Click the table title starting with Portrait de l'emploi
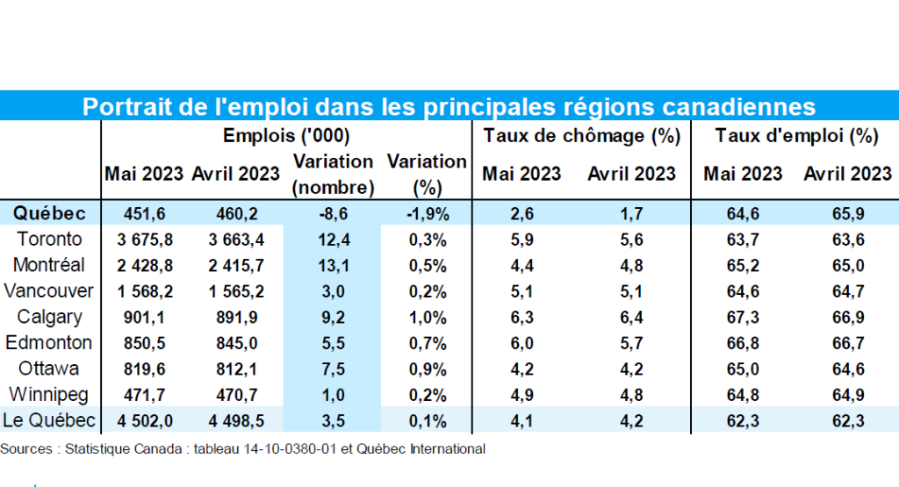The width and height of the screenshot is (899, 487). (x=449, y=106)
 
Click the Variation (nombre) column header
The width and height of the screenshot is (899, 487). (x=334, y=174)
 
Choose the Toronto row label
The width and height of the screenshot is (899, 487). (x=50, y=240)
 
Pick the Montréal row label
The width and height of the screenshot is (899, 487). (x=49, y=265)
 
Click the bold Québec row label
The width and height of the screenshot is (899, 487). (x=49, y=213)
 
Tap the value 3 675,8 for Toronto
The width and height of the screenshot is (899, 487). (x=142, y=240)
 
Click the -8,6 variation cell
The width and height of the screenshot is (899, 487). (x=334, y=213)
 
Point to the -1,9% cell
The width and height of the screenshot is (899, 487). (x=427, y=213)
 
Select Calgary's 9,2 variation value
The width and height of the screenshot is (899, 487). (x=334, y=317)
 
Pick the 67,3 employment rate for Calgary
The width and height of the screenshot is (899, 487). (x=742, y=317)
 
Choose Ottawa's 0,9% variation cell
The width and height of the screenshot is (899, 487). (x=427, y=369)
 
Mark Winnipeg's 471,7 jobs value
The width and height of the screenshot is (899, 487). (x=142, y=395)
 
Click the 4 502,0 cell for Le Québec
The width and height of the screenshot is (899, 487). (x=142, y=420)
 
